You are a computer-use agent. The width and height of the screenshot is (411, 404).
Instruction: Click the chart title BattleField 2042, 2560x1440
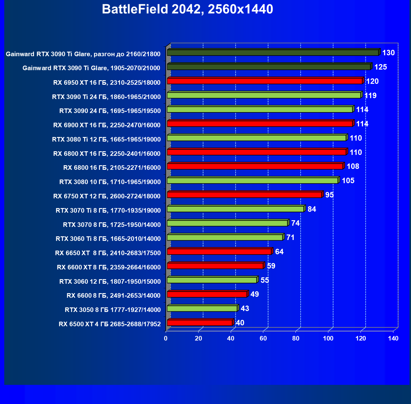click(187, 9)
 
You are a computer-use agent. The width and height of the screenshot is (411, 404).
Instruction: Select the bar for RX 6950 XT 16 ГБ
click(264, 81)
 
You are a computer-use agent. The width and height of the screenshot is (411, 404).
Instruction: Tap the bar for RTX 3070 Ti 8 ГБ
click(235, 209)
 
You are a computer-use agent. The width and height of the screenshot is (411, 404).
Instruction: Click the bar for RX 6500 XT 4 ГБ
click(200, 323)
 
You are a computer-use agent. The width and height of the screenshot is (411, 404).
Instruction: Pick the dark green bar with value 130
click(273, 53)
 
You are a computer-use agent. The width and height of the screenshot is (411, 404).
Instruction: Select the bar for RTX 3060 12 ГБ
click(212, 280)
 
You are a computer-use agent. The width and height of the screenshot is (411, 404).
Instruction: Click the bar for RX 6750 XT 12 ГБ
click(244, 195)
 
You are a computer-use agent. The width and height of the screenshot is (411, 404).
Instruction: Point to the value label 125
click(381, 67)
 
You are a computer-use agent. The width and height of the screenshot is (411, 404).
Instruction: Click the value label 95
click(330, 195)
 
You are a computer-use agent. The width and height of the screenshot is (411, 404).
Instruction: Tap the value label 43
click(245, 309)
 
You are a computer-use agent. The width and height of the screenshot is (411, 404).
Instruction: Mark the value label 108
click(353, 166)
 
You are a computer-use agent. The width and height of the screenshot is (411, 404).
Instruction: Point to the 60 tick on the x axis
click(263, 338)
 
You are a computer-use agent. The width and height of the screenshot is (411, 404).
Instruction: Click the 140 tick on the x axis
click(393, 338)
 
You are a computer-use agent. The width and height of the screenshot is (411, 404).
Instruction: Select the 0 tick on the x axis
click(166, 338)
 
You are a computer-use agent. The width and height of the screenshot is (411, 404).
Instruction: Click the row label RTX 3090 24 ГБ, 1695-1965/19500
click(110, 111)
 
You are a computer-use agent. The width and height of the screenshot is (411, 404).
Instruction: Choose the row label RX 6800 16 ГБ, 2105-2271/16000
click(112, 168)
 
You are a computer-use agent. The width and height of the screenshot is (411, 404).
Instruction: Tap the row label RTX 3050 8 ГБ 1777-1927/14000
click(113, 310)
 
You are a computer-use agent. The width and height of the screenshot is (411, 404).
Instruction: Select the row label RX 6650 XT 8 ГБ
click(108, 253)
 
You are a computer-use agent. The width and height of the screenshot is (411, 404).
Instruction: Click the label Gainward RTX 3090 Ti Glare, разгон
click(83, 54)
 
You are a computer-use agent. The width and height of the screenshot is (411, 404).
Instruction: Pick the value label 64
click(279, 252)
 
